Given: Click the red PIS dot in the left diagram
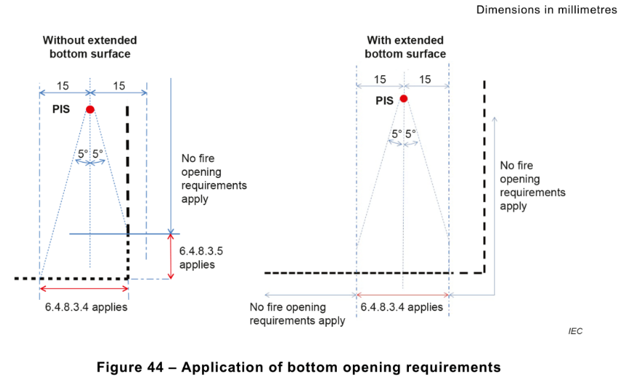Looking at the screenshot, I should click(90, 109).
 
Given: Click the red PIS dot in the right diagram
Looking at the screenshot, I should click(403, 98).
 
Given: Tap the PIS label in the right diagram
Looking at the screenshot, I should click(385, 101).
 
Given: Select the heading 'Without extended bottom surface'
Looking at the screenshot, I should click(90, 47).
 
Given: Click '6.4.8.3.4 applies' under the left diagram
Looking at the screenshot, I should click(86, 307).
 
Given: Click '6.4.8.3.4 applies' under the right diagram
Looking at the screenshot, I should click(402, 307).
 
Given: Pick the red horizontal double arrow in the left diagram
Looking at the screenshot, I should click(84, 290).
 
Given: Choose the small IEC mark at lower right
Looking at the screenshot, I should click(576, 331).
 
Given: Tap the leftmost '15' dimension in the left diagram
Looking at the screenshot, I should click(63, 86).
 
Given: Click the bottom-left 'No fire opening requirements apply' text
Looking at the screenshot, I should click(297, 314).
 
